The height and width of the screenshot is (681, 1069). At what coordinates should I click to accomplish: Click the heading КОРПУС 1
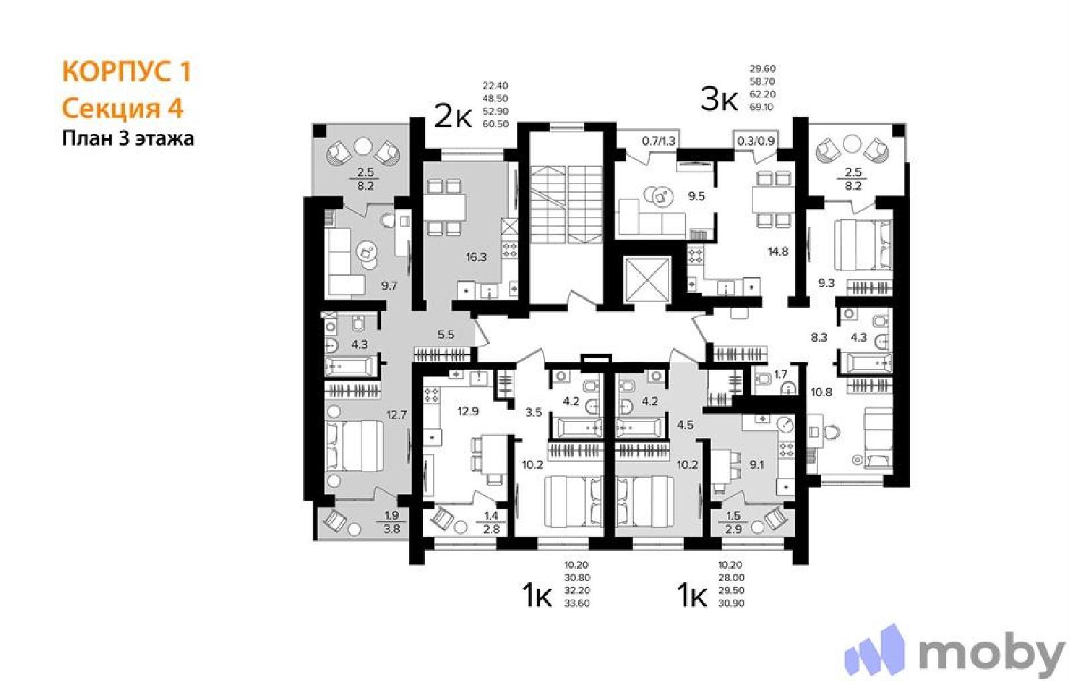(126, 71)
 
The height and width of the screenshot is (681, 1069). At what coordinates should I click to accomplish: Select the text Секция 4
(123, 108)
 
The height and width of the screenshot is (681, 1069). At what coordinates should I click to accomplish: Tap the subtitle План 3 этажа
(128, 139)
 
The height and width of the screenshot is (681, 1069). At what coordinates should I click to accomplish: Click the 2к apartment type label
(452, 117)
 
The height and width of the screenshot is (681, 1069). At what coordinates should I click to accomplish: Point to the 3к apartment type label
(719, 99)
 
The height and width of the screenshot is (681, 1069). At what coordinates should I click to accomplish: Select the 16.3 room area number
(476, 258)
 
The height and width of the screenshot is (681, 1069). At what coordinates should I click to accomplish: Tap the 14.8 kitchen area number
(778, 251)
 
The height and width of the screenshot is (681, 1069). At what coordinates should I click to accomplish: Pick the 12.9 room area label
(468, 411)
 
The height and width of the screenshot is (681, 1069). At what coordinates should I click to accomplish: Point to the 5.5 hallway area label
(446, 334)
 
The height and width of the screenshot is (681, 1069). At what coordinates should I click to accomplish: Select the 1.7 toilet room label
(780, 375)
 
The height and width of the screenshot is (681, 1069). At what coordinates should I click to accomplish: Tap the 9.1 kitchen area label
(756, 464)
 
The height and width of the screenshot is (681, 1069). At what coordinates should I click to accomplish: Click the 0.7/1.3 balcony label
(659, 141)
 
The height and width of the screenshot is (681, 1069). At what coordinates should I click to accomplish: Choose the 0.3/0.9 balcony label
(756, 141)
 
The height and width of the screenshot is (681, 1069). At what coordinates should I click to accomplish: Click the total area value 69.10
(762, 107)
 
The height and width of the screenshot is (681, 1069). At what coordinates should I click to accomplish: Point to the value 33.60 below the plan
(577, 604)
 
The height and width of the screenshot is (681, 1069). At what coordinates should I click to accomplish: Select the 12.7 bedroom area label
(397, 415)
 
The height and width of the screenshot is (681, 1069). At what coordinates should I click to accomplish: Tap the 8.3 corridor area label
(819, 338)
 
